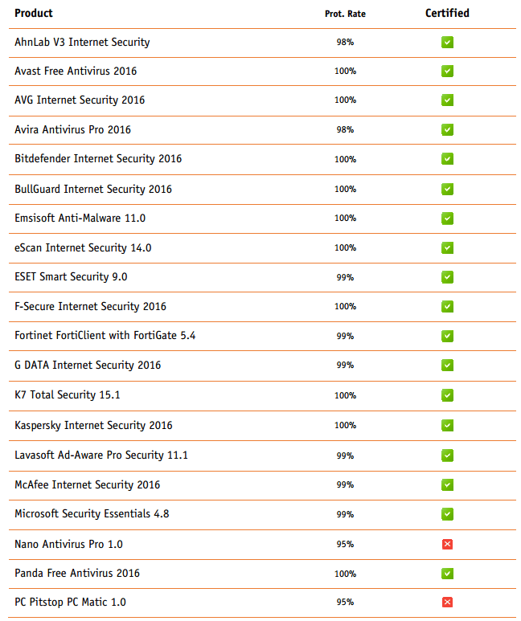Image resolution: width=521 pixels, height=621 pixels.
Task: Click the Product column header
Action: [34, 14]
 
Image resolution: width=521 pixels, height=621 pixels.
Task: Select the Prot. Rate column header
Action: [345, 14]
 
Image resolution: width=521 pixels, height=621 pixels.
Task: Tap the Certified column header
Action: [447, 13]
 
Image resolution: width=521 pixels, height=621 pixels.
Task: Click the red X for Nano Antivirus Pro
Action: [447, 544]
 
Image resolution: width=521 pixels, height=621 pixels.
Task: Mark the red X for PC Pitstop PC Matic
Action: [447, 602]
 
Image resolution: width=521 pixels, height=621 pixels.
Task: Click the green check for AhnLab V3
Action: [447, 42]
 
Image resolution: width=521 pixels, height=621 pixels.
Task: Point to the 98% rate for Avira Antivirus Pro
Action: [345, 130]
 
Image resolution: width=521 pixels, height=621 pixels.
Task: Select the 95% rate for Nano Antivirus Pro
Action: [345, 544]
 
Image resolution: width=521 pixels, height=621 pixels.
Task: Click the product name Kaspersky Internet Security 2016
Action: [93, 425]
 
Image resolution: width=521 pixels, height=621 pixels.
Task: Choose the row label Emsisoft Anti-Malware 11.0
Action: [80, 218]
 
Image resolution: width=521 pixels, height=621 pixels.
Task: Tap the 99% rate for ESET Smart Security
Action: [345, 277]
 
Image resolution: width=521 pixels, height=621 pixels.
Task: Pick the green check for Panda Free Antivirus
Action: [447, 573]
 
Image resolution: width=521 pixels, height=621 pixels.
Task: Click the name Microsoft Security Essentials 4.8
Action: [92, 513]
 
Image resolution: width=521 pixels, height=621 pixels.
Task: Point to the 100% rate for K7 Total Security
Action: [345, 395]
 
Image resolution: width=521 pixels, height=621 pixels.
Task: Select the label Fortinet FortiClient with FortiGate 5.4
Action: [105, 335]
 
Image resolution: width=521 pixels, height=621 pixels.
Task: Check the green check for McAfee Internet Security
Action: [447, 484]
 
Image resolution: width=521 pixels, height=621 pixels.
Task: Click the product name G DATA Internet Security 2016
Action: [88, 365]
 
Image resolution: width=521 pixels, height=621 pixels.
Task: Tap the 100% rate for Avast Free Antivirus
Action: [345, 71]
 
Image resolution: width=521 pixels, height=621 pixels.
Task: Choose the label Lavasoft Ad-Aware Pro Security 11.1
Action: [101, 455]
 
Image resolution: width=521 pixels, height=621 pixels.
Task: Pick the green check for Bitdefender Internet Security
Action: [447, 159]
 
